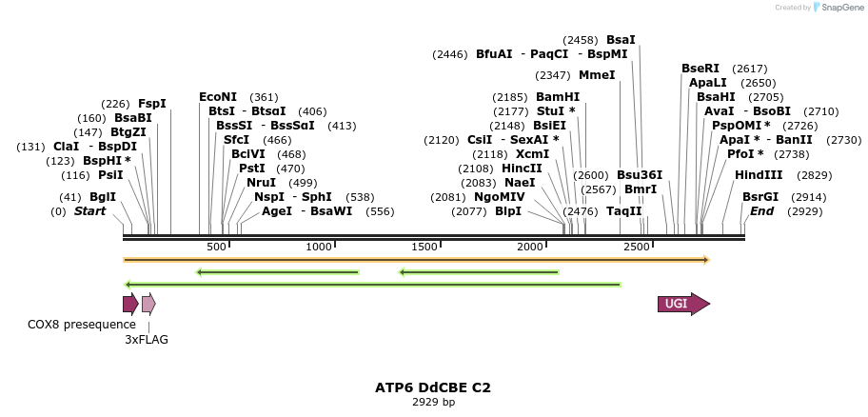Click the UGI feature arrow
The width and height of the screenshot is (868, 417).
click(x=682, y=304)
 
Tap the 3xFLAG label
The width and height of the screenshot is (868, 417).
click(x=147, y=339)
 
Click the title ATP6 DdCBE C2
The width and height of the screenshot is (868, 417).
click(x=433, y=387)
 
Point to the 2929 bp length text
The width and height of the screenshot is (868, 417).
click(x=433, y=402)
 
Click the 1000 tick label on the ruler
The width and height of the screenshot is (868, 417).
click(x=319, y=247)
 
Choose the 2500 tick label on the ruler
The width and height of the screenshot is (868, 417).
click(x=636, y=247)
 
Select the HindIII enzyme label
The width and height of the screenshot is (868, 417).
click(x=759, y=175)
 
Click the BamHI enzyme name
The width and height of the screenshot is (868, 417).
click(x=557, y=97)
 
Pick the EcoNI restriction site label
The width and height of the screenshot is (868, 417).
click(x=218, y=97)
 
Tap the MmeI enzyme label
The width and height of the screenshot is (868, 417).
click(x=597, y=75)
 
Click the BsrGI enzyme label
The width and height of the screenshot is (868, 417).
click(x=760, y=197)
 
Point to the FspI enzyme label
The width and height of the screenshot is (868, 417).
click(x=152, y=104)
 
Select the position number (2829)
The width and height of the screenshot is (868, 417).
click(x=814, y=175)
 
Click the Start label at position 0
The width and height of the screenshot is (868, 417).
click(x=89, y=210)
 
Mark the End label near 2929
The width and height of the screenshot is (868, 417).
click(x=761, y=210)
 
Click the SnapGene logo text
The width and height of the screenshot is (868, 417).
click(x=843, y=8)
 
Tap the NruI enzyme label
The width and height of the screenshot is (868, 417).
click(x=261, y=183)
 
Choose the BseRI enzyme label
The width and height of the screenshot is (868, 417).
click(x=700, y=69)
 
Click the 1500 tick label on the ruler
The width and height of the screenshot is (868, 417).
click(x=424, y=247)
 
